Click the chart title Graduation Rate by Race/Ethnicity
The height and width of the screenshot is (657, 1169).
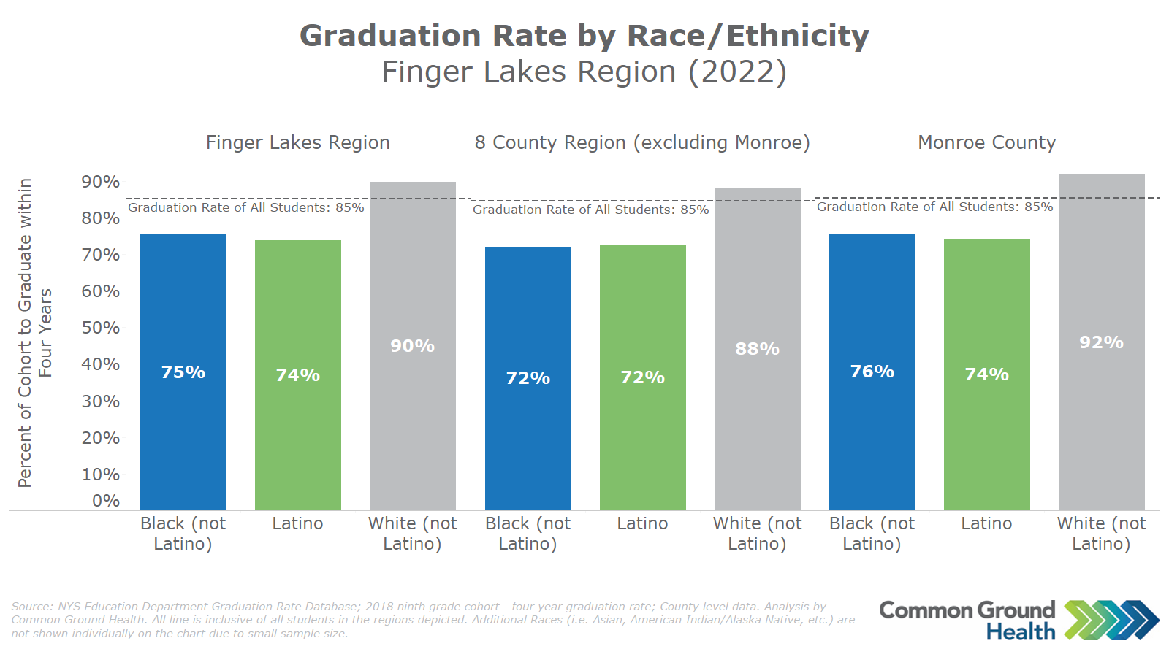(x=584, y=36)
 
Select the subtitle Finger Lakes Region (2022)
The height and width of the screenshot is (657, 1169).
(x=584, y=72)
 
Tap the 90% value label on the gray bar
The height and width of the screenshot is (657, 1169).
(x=412, y=346)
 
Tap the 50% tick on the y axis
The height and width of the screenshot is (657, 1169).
(x=101, y=328)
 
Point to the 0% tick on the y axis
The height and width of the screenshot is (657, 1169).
(x=106, y=501)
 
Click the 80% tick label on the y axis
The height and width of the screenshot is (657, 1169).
(x=101, y=218)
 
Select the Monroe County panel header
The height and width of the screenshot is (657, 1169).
(x=986, y=142)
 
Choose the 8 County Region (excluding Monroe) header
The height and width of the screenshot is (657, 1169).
(x=642, y=142)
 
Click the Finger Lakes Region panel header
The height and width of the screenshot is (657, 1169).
(x=298, y=142)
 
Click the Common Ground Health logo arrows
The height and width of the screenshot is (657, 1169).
(x=1111, y=620)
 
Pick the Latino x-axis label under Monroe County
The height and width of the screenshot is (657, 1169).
(x=986, y=523)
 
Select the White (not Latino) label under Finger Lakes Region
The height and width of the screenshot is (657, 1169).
(x=412, y=534)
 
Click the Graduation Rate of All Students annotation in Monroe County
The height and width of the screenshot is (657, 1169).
(x=934, y=207)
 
